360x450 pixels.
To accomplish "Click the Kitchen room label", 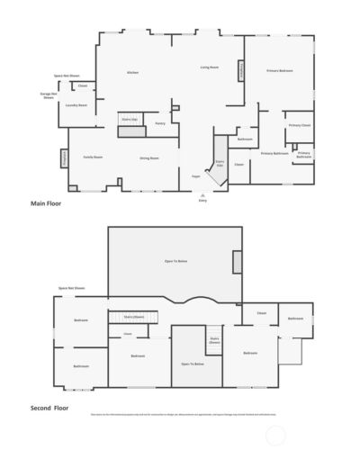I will pos(132,72).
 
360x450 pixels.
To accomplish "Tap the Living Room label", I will pos(211,67).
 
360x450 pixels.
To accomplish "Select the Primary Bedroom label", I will pos(279,70).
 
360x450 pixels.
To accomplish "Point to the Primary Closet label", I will pos(299,125).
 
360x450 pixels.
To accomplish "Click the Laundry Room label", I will pos(76,104).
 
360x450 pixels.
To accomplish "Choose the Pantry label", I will pos(159,123).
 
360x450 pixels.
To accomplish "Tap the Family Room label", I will pos(92,157).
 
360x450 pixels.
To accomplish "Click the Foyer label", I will pos(195,176).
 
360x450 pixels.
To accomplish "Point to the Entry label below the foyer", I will pos(202,200).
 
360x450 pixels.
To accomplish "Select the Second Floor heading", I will pos(49,408).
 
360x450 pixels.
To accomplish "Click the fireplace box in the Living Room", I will pos(241,70).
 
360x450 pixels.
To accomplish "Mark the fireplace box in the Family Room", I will pos(66,157).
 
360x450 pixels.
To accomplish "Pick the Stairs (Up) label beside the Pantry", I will pos(129,118).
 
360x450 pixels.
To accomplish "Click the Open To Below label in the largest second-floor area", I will pos(175,261).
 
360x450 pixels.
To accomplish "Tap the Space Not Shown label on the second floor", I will pos(72,288).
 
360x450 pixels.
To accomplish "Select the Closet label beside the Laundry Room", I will pos(82,85).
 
